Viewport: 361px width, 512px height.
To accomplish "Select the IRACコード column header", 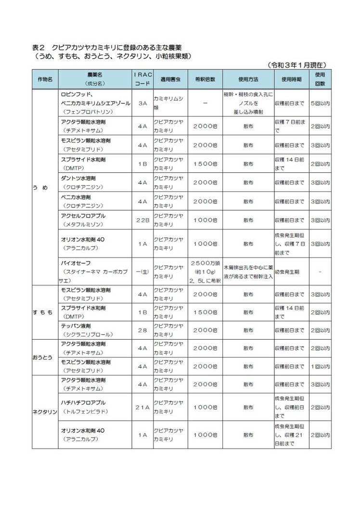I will [142, 78].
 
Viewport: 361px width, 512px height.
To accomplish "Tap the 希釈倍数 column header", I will [205, 78].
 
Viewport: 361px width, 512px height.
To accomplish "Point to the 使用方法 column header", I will [248, 78].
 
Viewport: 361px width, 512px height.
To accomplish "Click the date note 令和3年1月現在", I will [297, 64].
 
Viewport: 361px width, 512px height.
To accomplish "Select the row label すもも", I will [42, 312].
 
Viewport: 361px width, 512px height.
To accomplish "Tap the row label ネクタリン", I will [45, 412].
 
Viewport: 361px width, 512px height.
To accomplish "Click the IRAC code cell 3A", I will [142, 103].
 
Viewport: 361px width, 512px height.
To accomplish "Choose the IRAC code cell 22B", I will [142, 220].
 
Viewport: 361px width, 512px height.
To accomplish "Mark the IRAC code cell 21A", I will [142, 407].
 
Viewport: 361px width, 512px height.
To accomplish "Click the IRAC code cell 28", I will [142, 331].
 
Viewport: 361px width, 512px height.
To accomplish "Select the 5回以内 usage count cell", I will [320, 103].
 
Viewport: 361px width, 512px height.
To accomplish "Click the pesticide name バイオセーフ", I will [74, 264].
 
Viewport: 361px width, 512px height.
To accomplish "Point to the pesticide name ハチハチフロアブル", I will [83, 402].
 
